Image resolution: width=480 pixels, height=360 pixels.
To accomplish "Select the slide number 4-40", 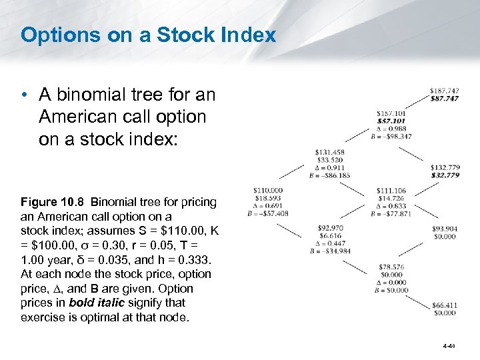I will click(447, 347).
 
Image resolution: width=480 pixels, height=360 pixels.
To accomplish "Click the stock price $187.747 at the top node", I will click(444, 90).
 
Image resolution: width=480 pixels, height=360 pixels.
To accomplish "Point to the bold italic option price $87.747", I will click(444, 98).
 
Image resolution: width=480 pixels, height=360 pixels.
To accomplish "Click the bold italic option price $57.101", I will click(391, 121).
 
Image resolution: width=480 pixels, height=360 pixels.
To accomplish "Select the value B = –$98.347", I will click(391, 136).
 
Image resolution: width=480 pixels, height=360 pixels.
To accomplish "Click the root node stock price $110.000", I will click(268, 191).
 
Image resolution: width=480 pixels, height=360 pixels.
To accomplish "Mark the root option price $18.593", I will click(268, 198).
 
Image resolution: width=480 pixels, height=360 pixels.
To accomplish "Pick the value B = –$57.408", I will click(268, 214).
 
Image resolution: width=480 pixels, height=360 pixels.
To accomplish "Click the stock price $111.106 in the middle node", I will click(391, 191).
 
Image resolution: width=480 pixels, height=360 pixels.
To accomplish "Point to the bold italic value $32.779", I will click(445, 175).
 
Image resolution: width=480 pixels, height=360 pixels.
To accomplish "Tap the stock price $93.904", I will click(445, 229).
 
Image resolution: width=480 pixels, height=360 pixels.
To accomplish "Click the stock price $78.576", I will click(391, 267).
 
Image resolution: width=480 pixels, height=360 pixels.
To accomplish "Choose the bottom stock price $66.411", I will click(445, 305).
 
